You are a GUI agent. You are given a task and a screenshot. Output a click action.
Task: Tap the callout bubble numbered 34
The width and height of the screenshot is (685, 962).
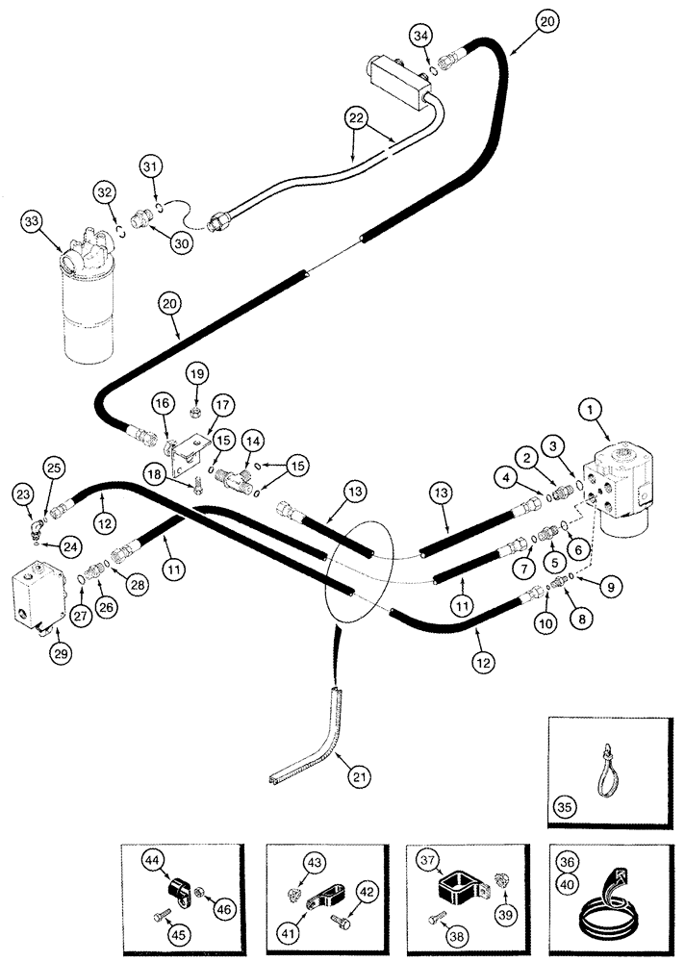(419, 37)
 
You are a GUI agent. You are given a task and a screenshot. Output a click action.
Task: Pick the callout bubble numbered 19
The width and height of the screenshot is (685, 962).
(196, 373)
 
